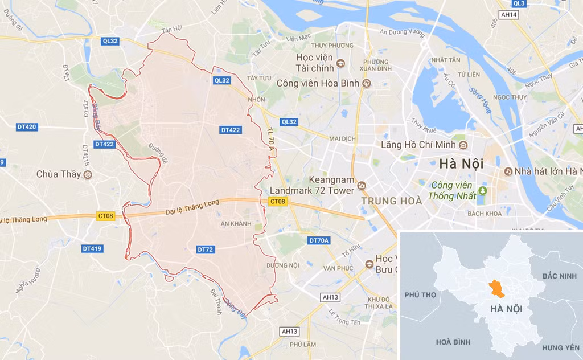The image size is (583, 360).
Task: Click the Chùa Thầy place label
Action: pyautogui.click(x=59, y=174)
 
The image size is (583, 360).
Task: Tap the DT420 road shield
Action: pyautogui.click(x=27, y=127)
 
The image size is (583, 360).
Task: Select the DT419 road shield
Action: pyautogui.click(x=92, y=248)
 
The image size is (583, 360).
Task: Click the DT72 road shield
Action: pyautogui.click(x=205, y=249)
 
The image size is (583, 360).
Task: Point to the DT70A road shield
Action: pyautogui.click(x=319, y=240)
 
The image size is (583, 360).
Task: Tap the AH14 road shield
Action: pyautogui.click(x=510, y=14)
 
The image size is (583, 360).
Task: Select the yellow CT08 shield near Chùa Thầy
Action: pyautogui.click(x=106, y=216)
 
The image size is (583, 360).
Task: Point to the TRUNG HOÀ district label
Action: pyautogui.click(x=392, y=201)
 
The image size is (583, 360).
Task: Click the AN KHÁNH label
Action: pyautogui.click(x=236, y=224)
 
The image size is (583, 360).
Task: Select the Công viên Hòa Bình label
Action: pyautogui.click(x=318, y=83)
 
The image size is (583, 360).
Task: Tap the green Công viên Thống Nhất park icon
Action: pyautogui.click(x=483, y=190)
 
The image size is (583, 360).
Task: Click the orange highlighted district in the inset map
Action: pyautogui.click(x=497, y=289)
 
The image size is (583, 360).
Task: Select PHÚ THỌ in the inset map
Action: pyautogui.click(x=420, y=294)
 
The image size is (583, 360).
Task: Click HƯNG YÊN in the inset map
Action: pyautogui.click(x=560, y=347)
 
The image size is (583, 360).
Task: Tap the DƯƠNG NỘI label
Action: pyautogui.click(x=282, y=265)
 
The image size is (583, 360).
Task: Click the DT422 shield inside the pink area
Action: pyautogui.click(x=231, y=130)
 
